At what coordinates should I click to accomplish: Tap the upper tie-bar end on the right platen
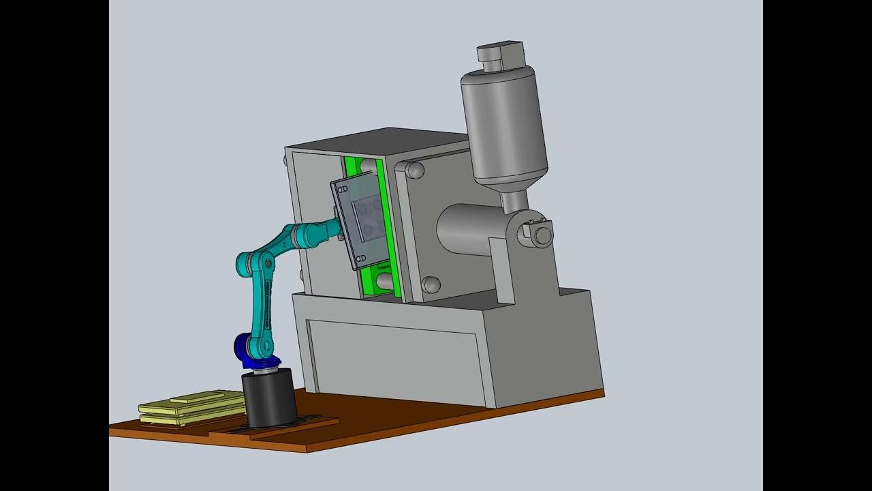[414, 170]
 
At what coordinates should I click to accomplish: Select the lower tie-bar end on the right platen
[430, 284]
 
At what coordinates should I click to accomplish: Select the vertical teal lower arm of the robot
[262, 307]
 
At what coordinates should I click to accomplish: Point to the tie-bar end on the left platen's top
[284, 161]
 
